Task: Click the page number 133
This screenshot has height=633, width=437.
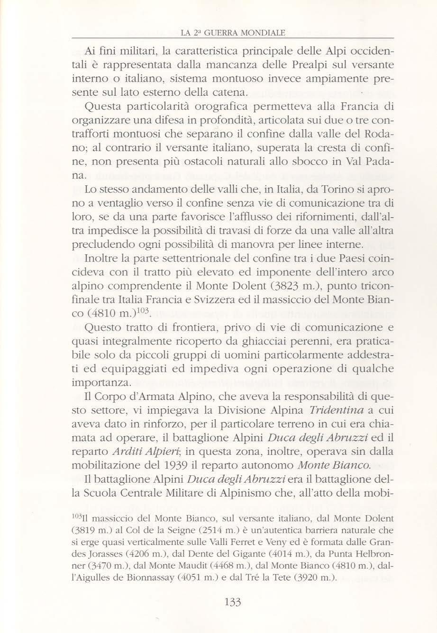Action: click(232, 603)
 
